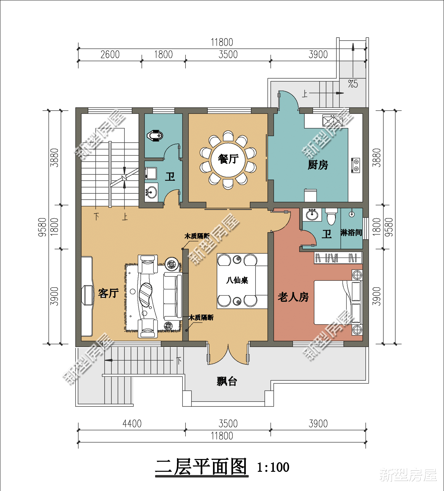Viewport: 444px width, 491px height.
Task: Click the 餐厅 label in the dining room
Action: click(228, 159)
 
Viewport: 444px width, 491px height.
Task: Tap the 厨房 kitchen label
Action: click(318, 165)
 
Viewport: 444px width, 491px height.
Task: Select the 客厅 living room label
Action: click(108, 293)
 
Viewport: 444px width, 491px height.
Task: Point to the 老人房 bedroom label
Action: click(293, 297)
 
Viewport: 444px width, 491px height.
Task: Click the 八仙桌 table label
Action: click(237, 280)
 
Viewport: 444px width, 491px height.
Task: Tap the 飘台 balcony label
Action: click(227, 381)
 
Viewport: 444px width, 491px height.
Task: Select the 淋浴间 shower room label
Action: click(351, 233)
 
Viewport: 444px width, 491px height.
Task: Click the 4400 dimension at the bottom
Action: click(132, 424)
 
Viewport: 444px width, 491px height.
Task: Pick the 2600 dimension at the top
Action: click(110, 55)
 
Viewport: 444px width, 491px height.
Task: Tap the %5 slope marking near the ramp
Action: click(353, 84)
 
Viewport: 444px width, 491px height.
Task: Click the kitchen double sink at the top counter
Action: click(332, 121)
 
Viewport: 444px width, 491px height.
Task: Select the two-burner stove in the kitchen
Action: click(356, 165)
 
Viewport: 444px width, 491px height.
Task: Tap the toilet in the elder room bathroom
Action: click(331, 216)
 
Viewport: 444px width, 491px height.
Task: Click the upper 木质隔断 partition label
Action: click(197, 236)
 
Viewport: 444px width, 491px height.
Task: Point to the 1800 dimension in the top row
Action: click(163, 55)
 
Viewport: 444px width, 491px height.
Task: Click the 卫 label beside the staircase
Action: click(170, 177)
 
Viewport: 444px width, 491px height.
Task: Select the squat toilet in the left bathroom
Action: click(155, 135)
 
